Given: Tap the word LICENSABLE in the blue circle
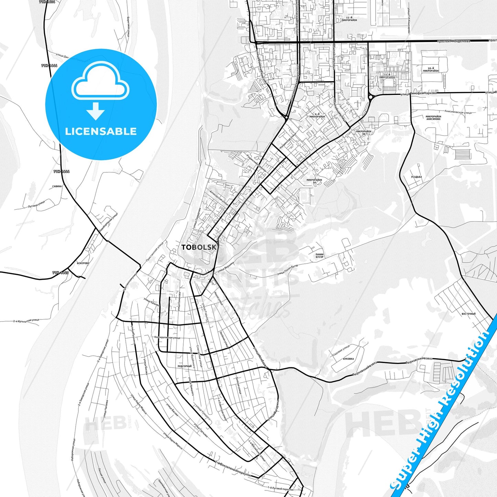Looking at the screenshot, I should (101, 131).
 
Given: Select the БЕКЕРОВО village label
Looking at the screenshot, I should (83, 263).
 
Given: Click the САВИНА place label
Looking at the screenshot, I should (57, 186).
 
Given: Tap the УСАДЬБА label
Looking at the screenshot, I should (416, 177).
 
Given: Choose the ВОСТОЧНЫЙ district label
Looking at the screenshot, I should (468, 314).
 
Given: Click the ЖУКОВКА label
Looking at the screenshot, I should (348, 359).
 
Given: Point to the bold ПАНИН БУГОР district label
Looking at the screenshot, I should (320, 256).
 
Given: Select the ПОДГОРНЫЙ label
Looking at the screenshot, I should (184, 366).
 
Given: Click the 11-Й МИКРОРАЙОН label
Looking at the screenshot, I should (349, 19).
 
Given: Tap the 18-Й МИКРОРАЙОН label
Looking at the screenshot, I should (431, 69).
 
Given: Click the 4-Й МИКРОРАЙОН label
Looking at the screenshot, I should (317, 115).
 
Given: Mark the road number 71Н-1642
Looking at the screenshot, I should (61, 272).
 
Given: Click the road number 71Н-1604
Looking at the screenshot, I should (47, 2).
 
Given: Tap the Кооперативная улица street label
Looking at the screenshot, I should (168, 337).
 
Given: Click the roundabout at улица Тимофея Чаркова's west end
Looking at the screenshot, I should (370, 97).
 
